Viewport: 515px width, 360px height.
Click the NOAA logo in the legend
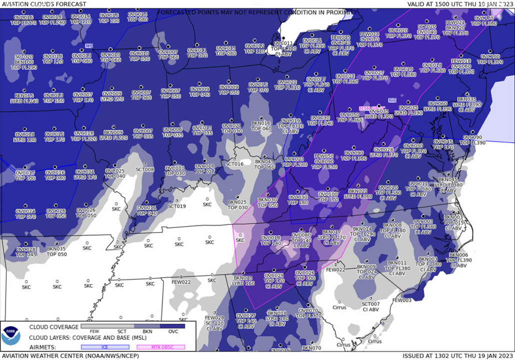pos(10,336)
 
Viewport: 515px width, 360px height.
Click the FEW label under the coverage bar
pos(93,331)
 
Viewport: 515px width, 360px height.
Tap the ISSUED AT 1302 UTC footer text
pos(458,356)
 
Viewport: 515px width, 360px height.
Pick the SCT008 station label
pos(145,170)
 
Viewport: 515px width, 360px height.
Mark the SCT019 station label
pos(176,206)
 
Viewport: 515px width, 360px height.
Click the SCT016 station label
pos(234,164)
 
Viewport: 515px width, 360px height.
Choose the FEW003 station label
pos(402,300)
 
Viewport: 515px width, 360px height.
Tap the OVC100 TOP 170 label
pos(328,197)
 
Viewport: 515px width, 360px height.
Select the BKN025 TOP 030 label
pos(237,205)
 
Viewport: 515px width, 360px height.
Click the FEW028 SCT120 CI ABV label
pos(214,323)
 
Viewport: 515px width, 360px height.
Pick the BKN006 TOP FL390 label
pos(458,257)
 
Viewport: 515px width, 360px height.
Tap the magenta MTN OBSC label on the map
pos(372,108)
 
